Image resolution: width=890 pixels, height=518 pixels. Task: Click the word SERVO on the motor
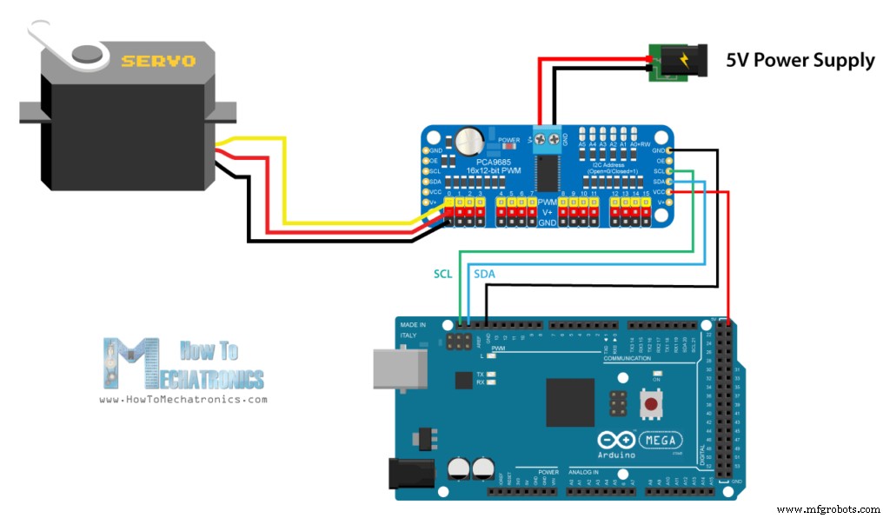tap(158, 61)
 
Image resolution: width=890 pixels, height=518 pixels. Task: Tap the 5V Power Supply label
tap(800, 60)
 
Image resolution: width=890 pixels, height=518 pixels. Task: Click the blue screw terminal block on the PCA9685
tap(547, 136)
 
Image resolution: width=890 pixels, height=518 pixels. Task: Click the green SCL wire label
tap(444, 274)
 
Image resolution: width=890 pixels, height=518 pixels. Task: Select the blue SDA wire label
tap(484, 274)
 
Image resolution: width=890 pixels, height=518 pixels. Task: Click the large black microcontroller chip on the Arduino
tap(569, 402)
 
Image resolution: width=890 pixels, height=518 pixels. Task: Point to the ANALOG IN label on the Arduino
tap(591, 472)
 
